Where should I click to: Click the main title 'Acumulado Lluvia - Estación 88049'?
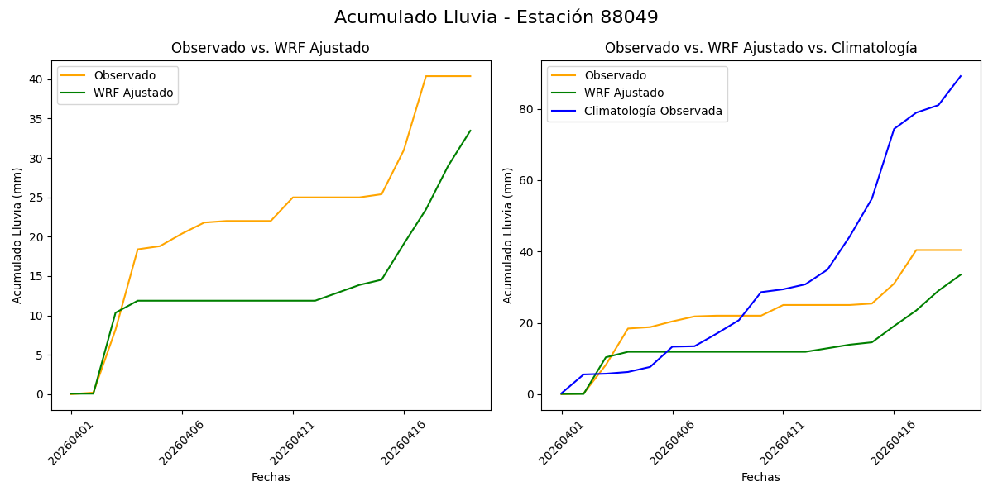pyautogui.click(x=496, y=17)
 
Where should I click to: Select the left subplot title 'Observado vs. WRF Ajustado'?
pyautogui.click(x=270, y=48)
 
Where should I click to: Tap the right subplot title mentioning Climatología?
pyautogui.click(x=760, y=48)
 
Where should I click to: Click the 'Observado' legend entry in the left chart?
pyautogui.click(x=124, y=76)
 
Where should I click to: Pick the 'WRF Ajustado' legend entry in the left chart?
pyautogui.click(x=133, y=93)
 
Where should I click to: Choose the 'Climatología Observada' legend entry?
pyautogui.click(x=653, y=111)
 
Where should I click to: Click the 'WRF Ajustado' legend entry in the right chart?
pyautogui.click(x=624, y=93)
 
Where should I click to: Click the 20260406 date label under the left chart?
pyautogui.click(x=181, y=442)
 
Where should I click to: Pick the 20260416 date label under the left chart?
pyautogui.click(x=403, y=442)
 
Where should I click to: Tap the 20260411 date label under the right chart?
pyautogui.click(x=782, y=442)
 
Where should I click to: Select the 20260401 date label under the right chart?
pyautogui.click(x=561, y=442)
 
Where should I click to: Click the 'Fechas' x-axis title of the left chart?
pyautogui.click(x=271, y=477)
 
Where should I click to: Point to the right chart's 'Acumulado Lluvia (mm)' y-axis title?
pyautogui.click(x=508, y=235)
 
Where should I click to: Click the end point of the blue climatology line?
pyautogui.click(x=961, y=76)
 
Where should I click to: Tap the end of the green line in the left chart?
pyautogui.click(x=470, y=131)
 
